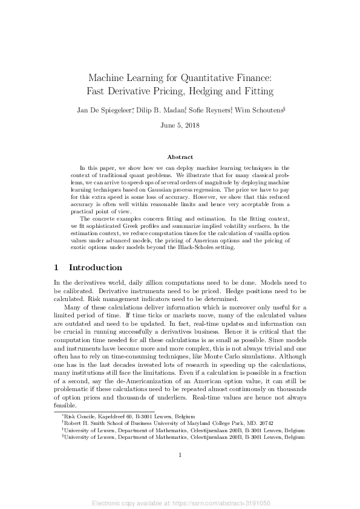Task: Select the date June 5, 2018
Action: (x=180, y=126)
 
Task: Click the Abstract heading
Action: (x=180, y=157)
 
